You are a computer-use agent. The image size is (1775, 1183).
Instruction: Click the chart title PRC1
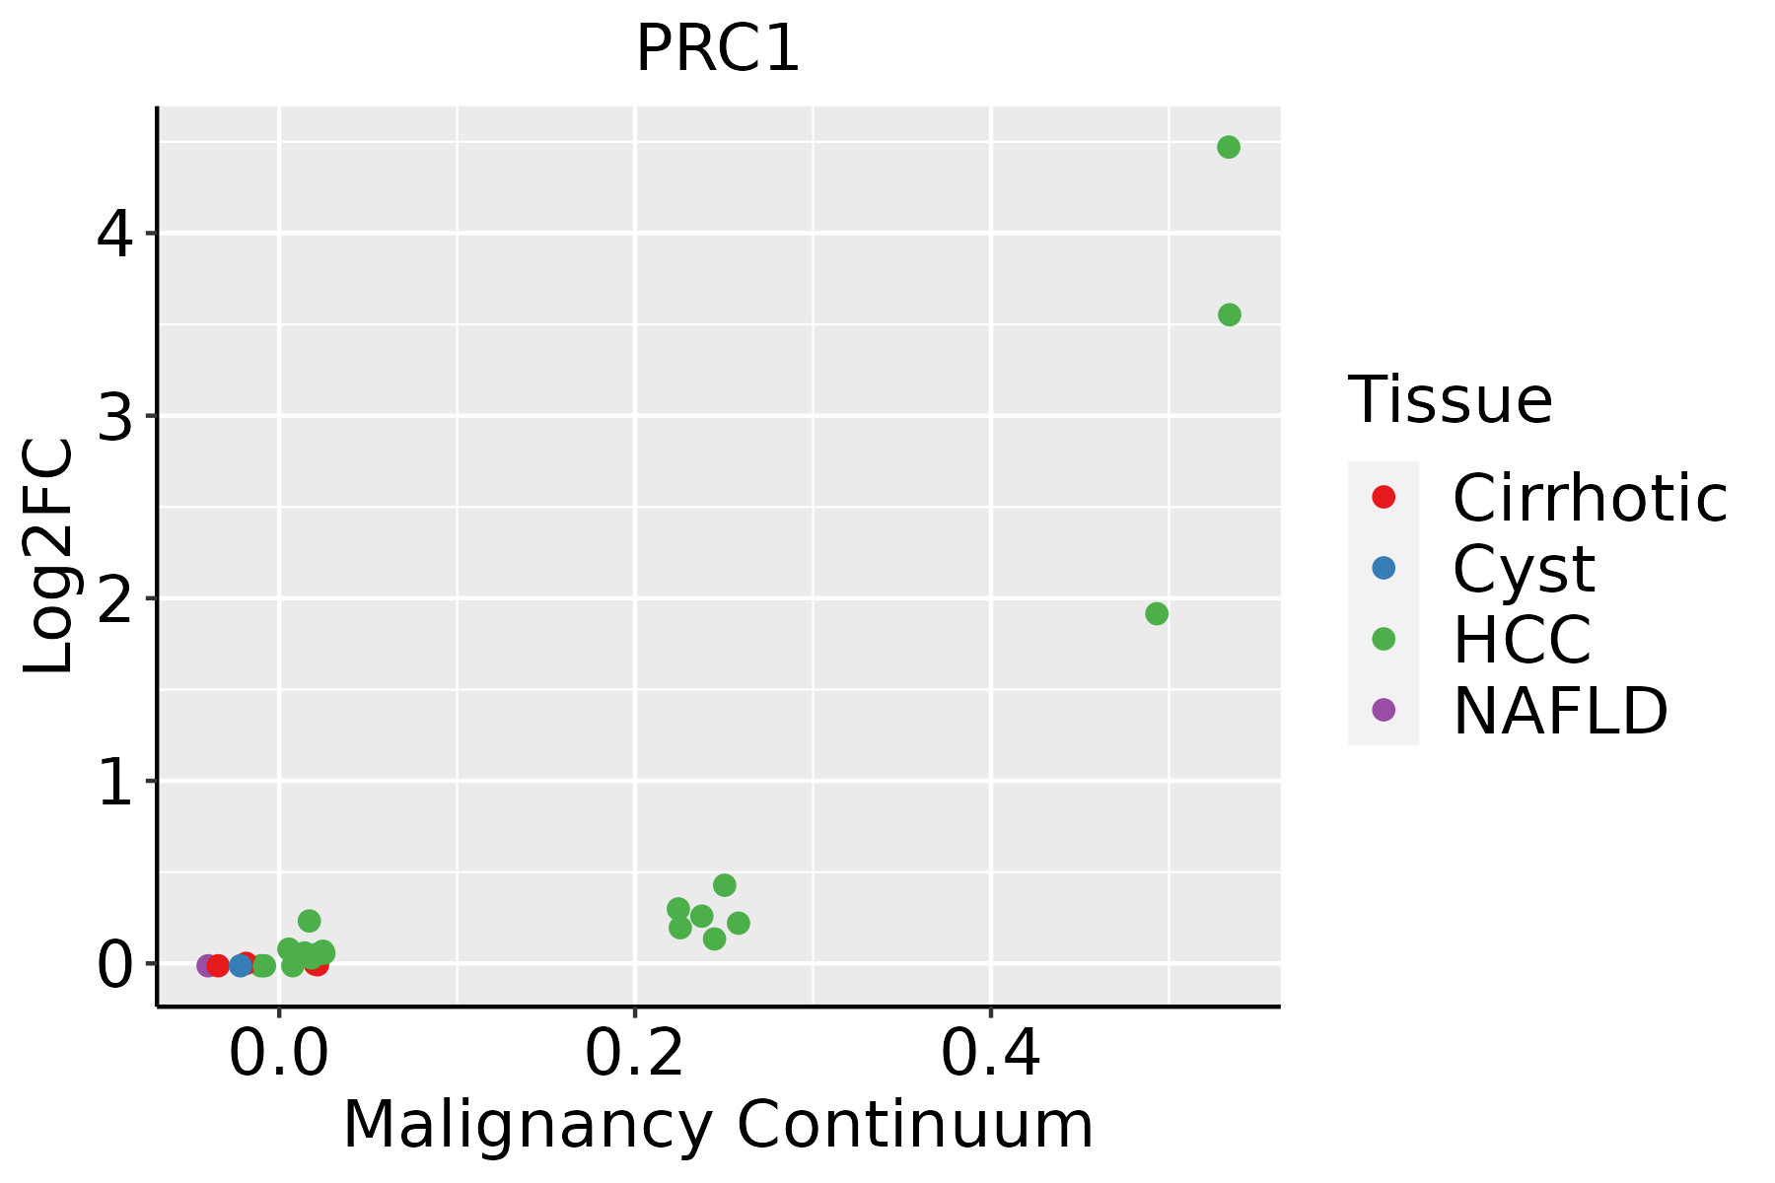click(x=717, y=48)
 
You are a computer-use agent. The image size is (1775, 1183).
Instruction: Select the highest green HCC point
click(x=1228, y=147)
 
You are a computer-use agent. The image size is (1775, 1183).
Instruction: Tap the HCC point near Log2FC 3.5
click(x=1229, y=314)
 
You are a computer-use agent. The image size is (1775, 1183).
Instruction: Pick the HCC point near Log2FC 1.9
click(x=1157, y=613)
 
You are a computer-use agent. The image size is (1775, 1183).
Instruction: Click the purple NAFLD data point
click(x=207, y=965)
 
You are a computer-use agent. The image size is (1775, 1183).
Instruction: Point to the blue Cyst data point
click(x=241, y=965)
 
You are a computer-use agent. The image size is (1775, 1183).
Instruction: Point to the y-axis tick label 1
click(x=115, y=782)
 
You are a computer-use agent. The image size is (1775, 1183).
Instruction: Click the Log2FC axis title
click(x=49, y=556)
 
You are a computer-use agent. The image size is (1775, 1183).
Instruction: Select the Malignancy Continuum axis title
click(x=717, y=1125)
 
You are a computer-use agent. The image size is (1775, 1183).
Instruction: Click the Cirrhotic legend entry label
click(x=1589, y=498)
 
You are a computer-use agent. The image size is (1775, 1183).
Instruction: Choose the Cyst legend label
click(x=1524, y=569)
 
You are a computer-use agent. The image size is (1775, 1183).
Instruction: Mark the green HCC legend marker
click(x=1384, y=639)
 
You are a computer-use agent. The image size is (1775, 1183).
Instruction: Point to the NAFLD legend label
click(x=1560, y=710)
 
